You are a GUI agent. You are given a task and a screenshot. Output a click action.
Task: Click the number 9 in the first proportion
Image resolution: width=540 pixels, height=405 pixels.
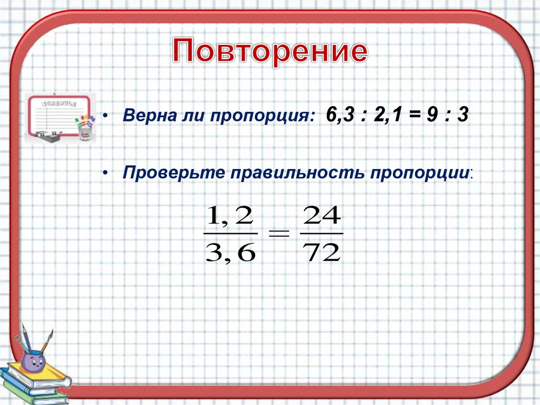click(x=432, y=115)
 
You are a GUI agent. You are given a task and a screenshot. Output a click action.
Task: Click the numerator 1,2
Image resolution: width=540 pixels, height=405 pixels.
click(x=230, y=216)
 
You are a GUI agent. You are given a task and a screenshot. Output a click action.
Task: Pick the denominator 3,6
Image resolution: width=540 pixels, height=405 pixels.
click(x=230, y=253)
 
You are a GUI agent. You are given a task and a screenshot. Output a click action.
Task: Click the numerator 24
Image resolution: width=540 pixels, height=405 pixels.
click(x=322, y=216)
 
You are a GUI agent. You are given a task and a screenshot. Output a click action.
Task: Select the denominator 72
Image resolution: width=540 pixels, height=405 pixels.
click(x=322, y=253)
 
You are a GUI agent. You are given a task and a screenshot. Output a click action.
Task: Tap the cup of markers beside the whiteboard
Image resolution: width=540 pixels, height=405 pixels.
click(x=85, y=128)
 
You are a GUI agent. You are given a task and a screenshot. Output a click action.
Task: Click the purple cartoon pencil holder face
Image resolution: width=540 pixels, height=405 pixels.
click(x=33, y=363)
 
